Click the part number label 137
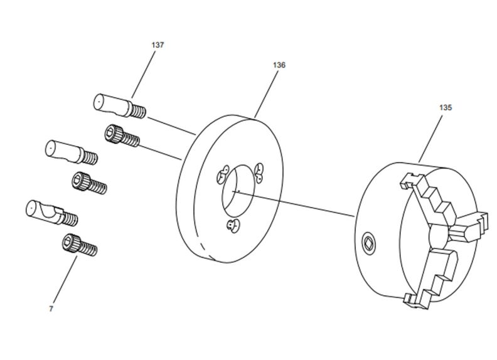[158, 45]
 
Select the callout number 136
[279, 65]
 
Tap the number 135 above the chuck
[445, 107]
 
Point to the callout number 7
[51, 309]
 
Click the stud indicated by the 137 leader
[119, 105]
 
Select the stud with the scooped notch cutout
[50, 212]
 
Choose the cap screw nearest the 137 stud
[122, 136]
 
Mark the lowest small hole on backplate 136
[233, 226]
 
